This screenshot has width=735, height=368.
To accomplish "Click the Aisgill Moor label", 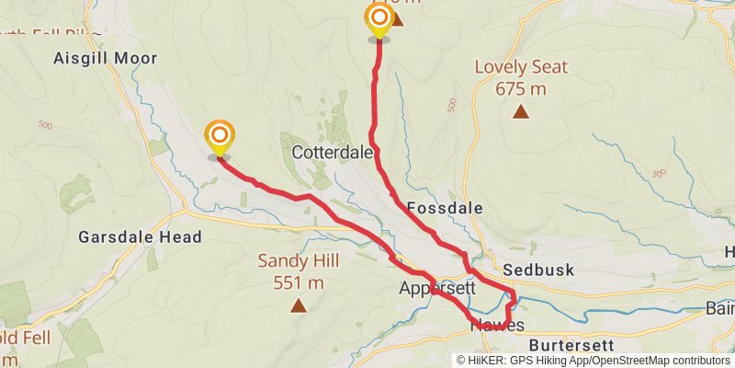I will pos(105,58).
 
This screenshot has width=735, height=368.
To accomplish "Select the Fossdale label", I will pos(444,208).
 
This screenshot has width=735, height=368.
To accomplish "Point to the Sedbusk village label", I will pos(538,270).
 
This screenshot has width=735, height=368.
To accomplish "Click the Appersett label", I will pos(436,288).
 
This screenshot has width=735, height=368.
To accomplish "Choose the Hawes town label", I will pos(497,326).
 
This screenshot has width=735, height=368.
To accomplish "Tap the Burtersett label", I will pos(571,345).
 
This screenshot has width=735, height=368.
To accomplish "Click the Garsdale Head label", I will pos(140,237).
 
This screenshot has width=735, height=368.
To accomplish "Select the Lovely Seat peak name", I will pos(521,67).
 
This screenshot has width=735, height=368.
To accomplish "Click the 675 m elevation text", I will pos(521,88).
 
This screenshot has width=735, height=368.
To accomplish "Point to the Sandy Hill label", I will pos(298,261).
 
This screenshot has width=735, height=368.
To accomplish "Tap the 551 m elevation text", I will pos(298,282).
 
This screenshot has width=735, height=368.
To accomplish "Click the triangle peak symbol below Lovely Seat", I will pos(521,112).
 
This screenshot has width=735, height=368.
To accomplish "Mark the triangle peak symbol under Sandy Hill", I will pos(298,306).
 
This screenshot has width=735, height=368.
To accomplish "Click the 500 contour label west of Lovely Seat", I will pos(452,105).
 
